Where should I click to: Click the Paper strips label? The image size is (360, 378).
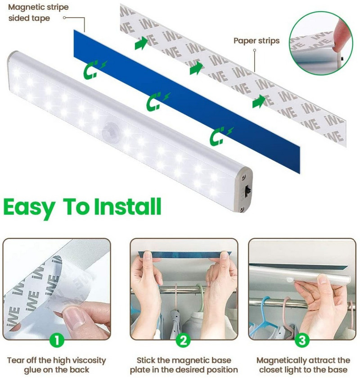[x=256, y=41]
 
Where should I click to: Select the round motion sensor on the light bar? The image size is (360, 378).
[x=108, y=131]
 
